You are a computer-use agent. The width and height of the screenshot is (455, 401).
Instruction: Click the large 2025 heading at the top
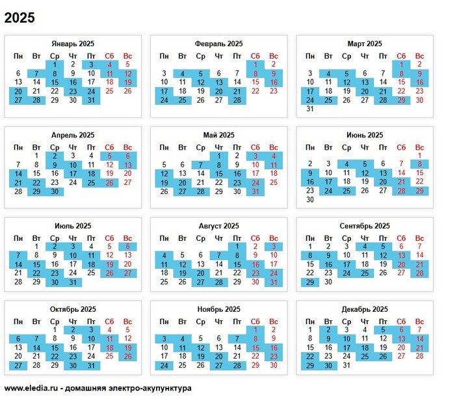coord(19,16)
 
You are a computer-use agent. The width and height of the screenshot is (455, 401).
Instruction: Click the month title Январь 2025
coord(73,44)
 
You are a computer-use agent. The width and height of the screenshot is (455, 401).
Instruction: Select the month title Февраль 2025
coord(218,44)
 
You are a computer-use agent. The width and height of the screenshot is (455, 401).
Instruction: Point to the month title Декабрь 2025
coord(364,309)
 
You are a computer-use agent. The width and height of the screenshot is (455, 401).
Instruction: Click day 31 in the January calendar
coord(91,100)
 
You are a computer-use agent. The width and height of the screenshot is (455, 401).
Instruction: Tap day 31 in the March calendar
coord(310,109)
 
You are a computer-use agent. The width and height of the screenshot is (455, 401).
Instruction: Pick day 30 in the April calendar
coord(55,192)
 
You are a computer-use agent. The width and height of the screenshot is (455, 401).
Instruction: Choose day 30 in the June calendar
coord(310,200)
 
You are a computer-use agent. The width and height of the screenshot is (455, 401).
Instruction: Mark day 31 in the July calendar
coord(73,283)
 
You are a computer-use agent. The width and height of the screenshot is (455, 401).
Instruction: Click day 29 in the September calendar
coord(310,283)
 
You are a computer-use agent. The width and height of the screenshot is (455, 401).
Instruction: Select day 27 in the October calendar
coord(18,366)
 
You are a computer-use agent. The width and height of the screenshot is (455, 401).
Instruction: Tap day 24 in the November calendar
coord(164,366)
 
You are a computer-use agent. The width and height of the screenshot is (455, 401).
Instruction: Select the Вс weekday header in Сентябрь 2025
coord(419,238)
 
